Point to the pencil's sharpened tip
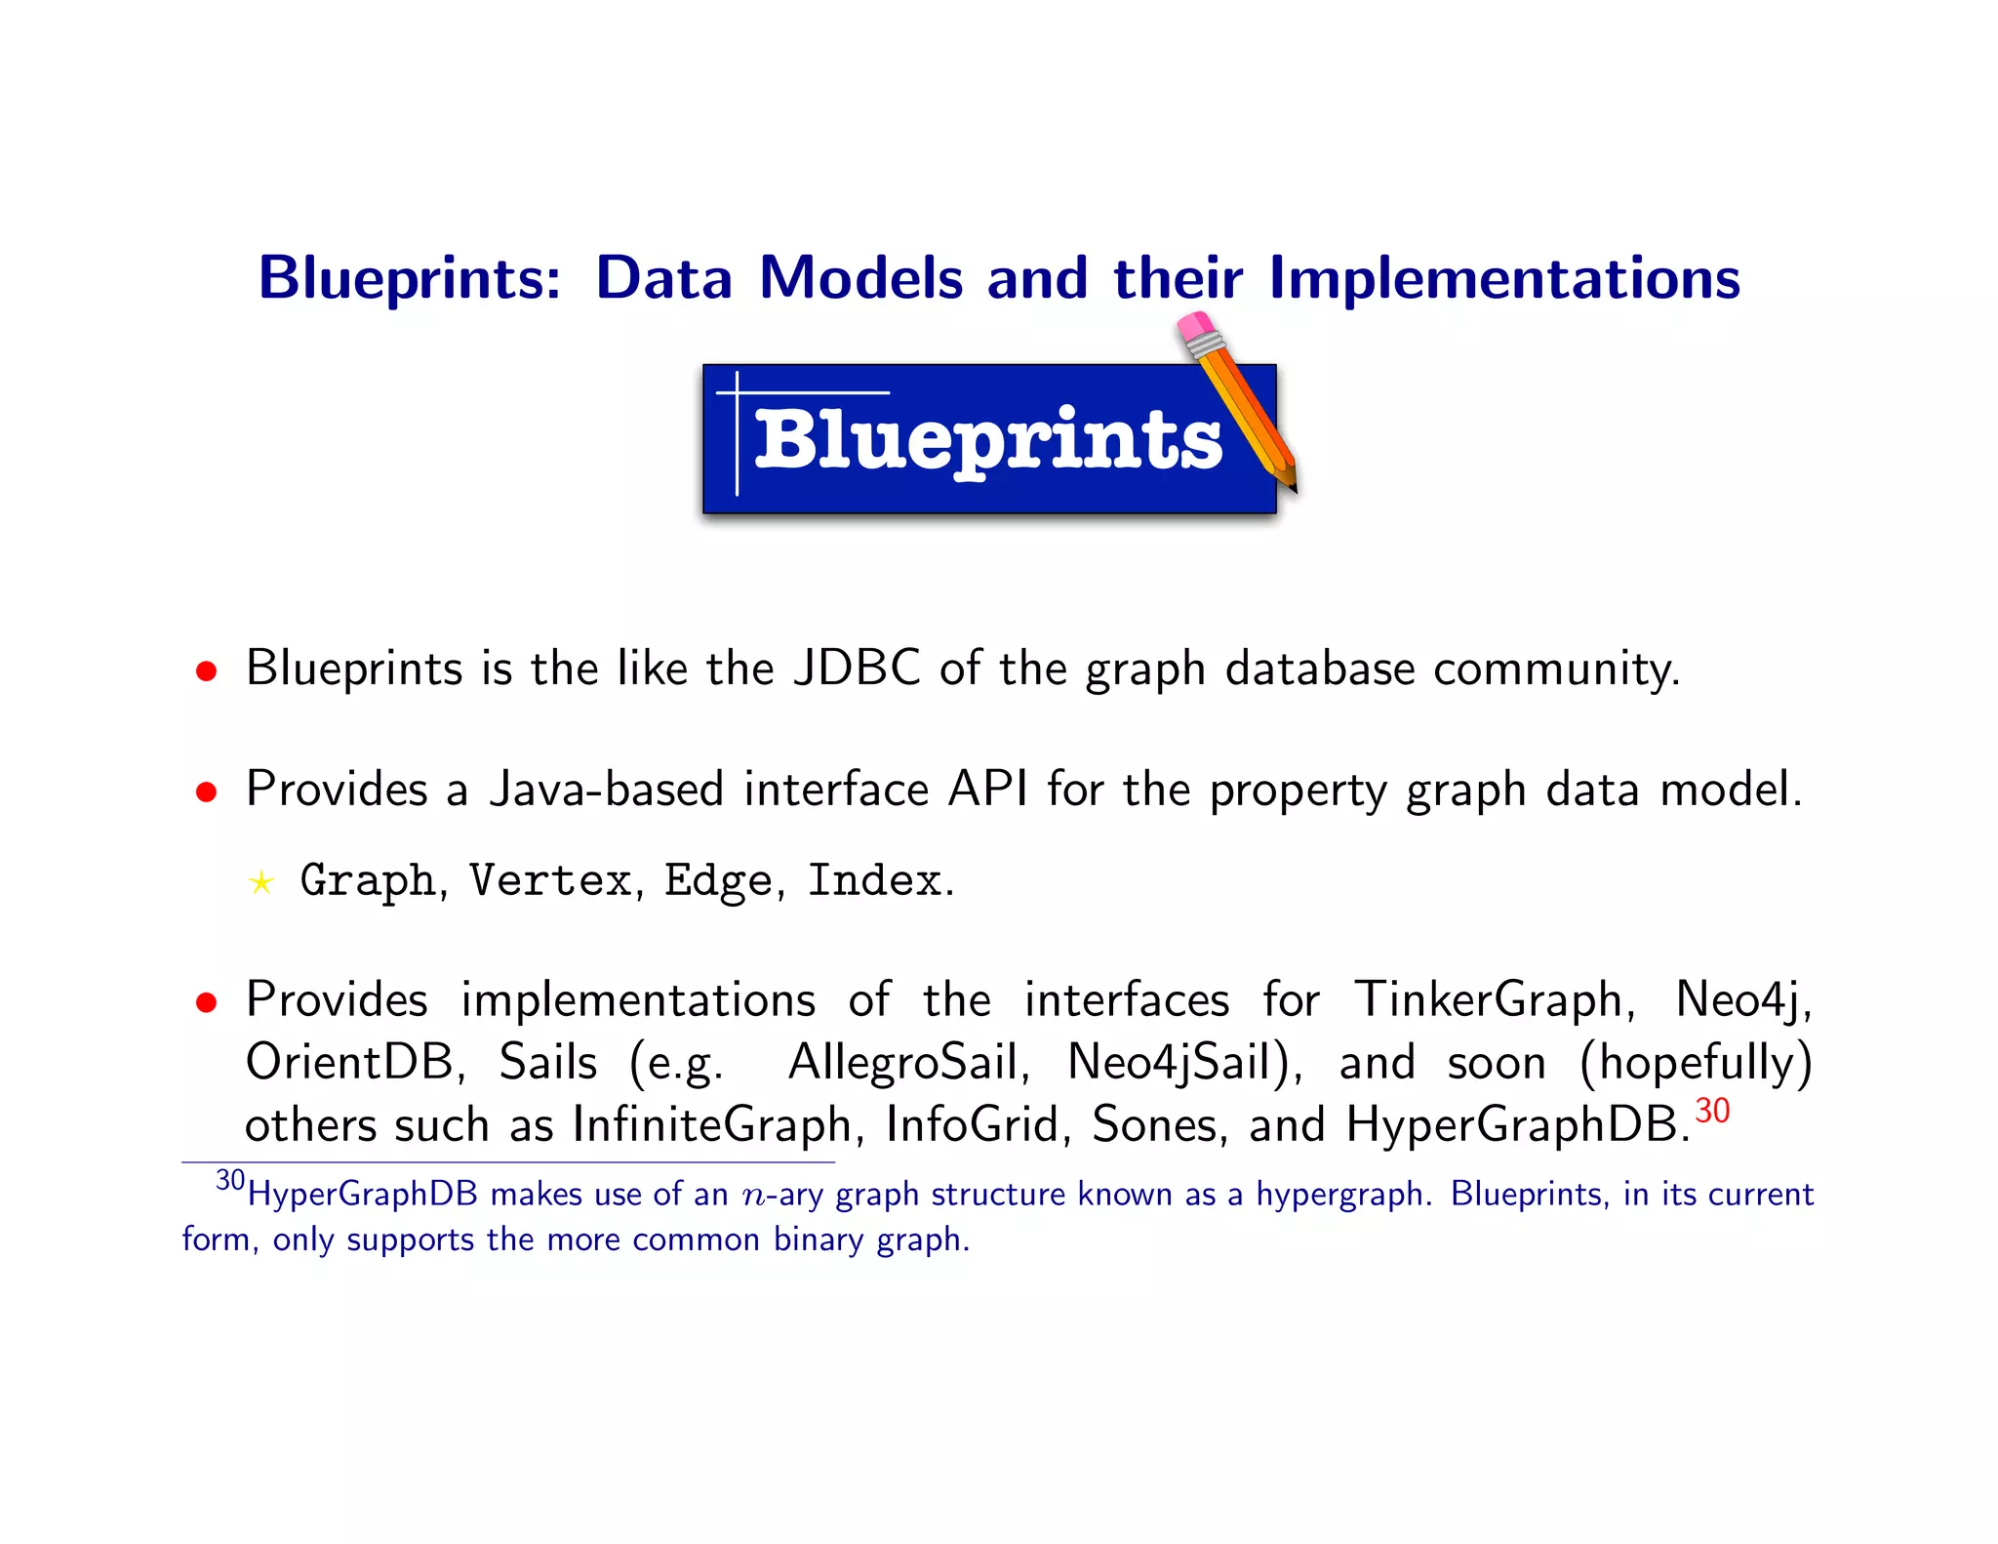1291,482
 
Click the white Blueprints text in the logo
987,440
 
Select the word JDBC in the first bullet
857,670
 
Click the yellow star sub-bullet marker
260,883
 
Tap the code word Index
874,881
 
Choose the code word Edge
719,881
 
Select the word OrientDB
349,1063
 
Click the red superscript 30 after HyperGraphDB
1712,1111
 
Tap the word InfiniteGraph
712,1125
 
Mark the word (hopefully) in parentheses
1696,1063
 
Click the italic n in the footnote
753,1196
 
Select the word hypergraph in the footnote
1338,1196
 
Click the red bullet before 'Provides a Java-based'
206,792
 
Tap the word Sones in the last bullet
1154,1125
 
